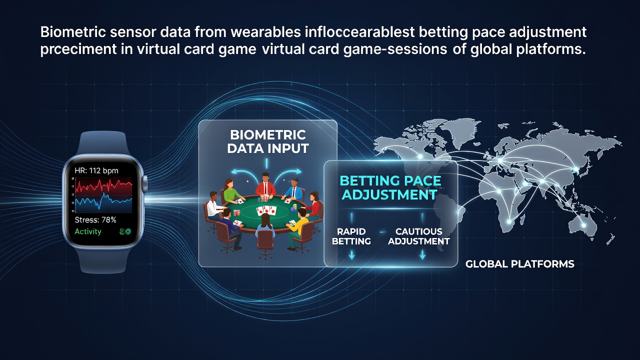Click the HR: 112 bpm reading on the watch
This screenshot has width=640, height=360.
(96, 170)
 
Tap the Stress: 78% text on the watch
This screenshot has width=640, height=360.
(95, 219)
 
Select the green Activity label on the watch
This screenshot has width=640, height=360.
(88, 231)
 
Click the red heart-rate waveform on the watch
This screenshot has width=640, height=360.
(103, 185)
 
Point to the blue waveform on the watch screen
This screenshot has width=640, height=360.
(103, 201)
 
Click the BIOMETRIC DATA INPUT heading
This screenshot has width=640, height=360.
(267, 141)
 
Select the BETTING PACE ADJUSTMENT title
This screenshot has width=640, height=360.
(390, 187)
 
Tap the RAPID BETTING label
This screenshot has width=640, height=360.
(351, 236)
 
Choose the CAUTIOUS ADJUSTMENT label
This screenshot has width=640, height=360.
(419, 236)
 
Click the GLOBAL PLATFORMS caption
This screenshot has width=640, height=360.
(519, 264)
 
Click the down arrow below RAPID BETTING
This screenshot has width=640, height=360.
(351, 255)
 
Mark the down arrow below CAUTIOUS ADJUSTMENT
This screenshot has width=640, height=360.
(422, 255)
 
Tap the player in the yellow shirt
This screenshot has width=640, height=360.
(299, 225)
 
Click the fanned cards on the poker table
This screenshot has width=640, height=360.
(266, 210)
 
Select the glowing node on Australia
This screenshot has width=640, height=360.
(583, 225)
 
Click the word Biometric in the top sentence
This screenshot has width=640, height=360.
(73, 32)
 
